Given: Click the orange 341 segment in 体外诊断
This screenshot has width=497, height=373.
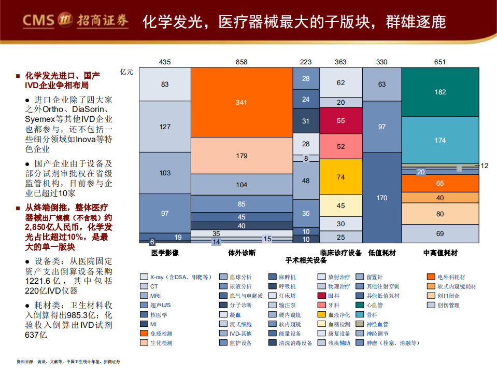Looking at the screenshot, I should click(241, 103).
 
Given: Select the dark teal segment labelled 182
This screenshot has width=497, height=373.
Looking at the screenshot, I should click(440, 92).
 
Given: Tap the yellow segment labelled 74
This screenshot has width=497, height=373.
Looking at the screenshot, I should click(340, 177).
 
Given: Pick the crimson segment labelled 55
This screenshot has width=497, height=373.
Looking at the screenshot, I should click(340, 120).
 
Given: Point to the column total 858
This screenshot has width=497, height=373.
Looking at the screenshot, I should click(242, 62).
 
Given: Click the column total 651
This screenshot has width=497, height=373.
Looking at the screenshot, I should click(439, 62).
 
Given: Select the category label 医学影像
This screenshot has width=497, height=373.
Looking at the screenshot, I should click(165, 253).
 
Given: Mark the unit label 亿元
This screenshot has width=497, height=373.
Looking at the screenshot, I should click(126, 72).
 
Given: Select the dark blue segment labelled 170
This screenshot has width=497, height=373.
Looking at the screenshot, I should click(381, 198).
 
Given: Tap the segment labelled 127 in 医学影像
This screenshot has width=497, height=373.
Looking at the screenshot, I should click(165, 127).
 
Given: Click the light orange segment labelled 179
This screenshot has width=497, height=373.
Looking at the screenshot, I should click(241, 156).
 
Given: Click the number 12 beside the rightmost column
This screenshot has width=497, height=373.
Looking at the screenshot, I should click(484, 166).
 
